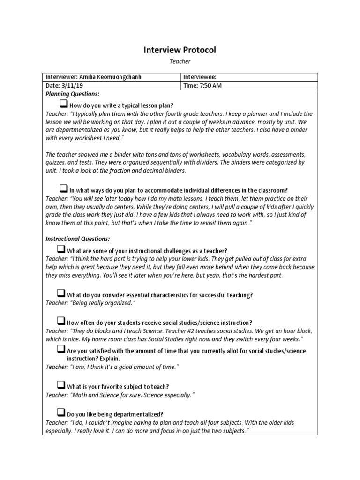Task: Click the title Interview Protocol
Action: coord(180,50)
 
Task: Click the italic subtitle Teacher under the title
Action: coord(180,61)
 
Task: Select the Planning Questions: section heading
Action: coord(72,94)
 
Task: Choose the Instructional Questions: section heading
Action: coord(77,239)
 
